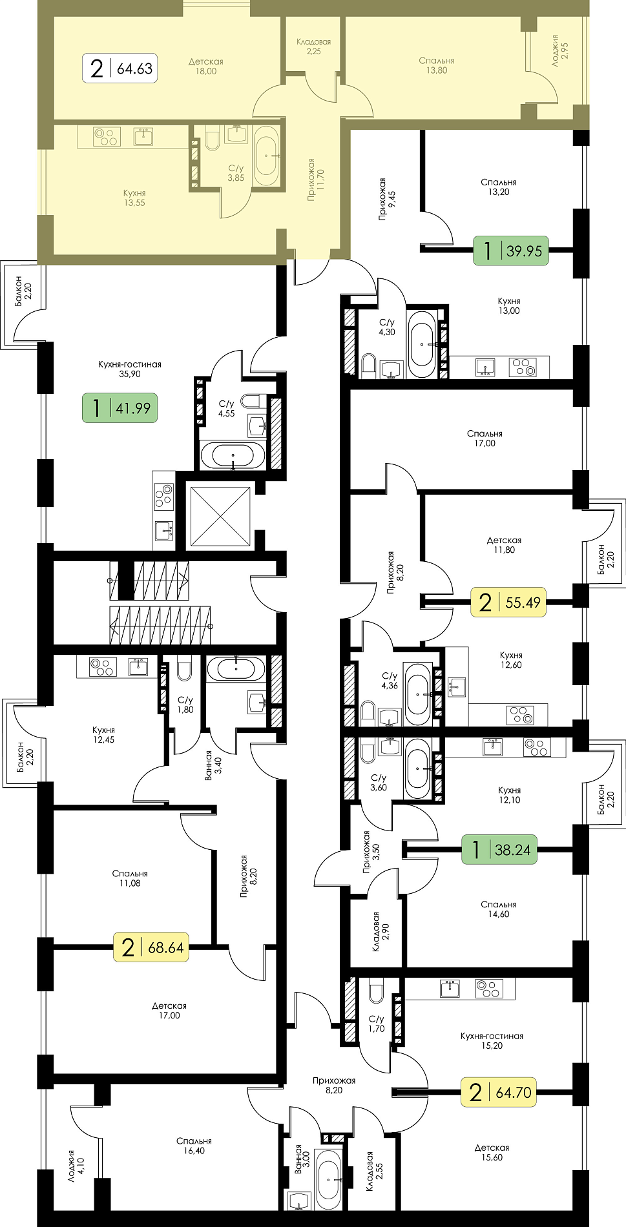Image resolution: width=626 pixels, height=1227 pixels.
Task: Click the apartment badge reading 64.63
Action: (x=121, y=68)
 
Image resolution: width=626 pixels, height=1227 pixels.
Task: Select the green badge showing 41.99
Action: (x=120, y=408)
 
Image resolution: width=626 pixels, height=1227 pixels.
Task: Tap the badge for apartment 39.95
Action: (x=511, y=250)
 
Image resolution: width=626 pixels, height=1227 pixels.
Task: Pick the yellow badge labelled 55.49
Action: (x=508, y=602)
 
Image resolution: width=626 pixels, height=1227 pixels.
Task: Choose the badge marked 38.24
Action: (x=499, y=849)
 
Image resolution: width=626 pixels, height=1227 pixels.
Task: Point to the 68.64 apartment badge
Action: (x=151, y=947)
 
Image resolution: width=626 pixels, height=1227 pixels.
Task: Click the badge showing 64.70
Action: (x=499, y=1092)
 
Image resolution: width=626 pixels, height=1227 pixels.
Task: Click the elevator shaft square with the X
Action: (x=220, y=516)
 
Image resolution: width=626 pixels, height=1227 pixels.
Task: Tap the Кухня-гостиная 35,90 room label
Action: (x=130, y=369)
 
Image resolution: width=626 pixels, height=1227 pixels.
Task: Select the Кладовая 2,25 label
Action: (x=313, y=46)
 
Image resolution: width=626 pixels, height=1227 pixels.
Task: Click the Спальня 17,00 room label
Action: (x=485, y=438)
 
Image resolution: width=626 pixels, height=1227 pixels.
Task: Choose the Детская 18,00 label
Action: (x=206, y=67)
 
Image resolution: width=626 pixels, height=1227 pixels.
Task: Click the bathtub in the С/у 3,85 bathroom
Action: (x=267, y=156)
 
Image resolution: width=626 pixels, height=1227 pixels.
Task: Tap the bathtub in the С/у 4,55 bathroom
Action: (x=233, y=455)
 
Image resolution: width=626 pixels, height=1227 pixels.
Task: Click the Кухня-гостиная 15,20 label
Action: (x=492, y=1040)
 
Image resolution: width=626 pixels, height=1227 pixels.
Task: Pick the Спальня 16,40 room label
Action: (x=194, y=1146)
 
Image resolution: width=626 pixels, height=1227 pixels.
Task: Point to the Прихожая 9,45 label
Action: (x=388, y=200)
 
